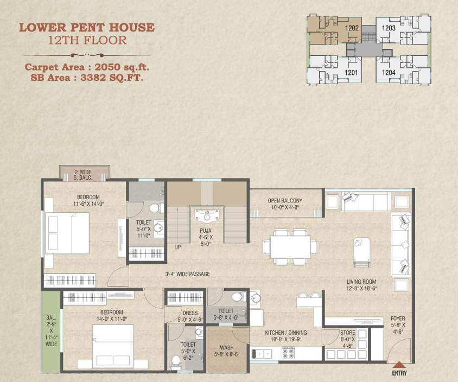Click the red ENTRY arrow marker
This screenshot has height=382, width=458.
tap(399, 365)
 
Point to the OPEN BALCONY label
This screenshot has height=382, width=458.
tap(285, 201)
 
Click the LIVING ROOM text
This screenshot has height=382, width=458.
tap(361, 282)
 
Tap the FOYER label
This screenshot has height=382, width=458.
tap(398, 319)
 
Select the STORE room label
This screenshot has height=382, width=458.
tap(348, 333)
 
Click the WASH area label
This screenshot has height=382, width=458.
tap(226, 348)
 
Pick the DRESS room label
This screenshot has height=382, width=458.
tap(190, 313)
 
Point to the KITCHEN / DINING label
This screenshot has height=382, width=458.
tap(285, 333)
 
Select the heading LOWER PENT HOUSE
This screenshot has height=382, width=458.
tap(87, 27)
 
